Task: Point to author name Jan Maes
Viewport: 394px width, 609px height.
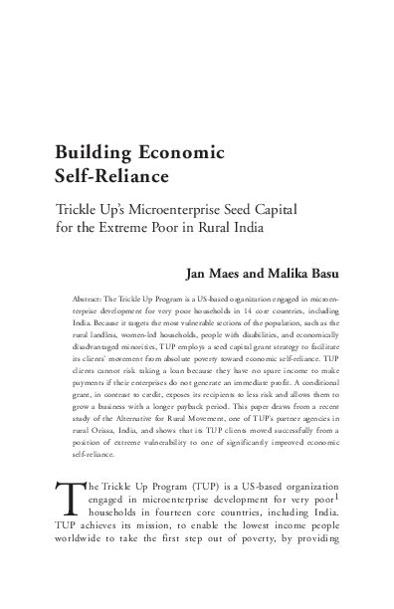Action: pyautogui.click(x=213, y=272)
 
